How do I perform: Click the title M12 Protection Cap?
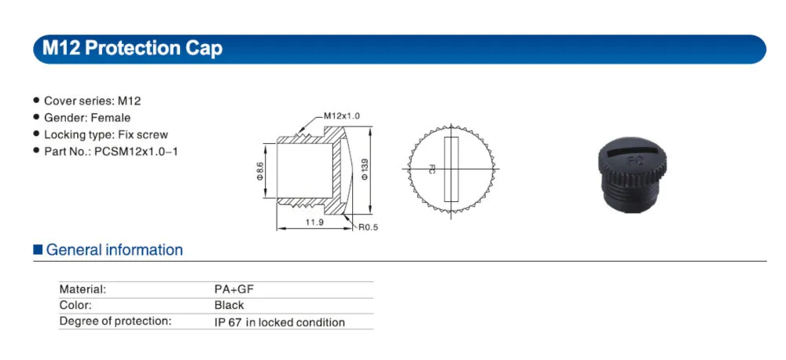coord(132,49)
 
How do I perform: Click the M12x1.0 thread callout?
coord(341,116)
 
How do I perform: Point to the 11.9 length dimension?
coord(314,223)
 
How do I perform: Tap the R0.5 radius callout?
coord(369,228)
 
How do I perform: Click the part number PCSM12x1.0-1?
coord(136,151)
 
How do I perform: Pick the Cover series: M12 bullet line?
coord(92,101)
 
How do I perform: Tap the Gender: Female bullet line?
coord(86,118)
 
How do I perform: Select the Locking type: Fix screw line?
coord(105,134)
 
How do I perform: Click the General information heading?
coord(115,250)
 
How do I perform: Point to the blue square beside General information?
coord(37,250)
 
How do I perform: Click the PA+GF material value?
coord(233,288)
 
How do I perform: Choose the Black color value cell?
coord(229,305)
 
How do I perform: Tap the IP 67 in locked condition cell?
coord(279,322)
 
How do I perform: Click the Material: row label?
coord(83,288)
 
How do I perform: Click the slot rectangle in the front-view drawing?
coord(450,169)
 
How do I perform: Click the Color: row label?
coord(75,305)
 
